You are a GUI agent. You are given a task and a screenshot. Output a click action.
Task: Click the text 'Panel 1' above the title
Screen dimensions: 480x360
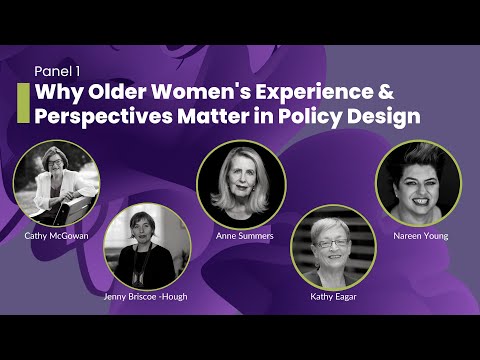click(x=57, y=71)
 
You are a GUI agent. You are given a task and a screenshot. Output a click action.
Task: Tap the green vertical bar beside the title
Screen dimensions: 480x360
click(x=23, y=103)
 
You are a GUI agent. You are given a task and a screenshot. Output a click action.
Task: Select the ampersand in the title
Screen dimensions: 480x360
click(x=386, y=92)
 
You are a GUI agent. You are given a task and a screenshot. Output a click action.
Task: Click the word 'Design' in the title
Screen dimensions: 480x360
click(x=384, y=117)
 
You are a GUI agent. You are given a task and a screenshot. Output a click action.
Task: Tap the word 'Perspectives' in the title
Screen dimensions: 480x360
click(x=103, y=117)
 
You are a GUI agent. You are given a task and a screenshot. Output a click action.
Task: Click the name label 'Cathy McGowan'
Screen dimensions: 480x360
click(x=56, y=236)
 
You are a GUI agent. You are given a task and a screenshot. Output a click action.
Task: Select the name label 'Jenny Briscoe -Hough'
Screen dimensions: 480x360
click(x=146, y=297)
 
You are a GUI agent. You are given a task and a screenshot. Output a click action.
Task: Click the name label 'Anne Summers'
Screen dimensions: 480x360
click(x=245, y=236)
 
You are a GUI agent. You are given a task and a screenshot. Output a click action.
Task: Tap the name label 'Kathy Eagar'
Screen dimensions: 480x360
click(x=333, y=297)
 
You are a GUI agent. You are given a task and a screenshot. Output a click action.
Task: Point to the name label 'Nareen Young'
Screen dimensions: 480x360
click(x=421, y=236)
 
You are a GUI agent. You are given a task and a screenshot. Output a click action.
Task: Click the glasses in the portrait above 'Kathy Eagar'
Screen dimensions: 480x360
click(x=332, y=243)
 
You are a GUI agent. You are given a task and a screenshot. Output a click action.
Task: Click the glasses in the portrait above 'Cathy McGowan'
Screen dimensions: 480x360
click(x=55, y=163)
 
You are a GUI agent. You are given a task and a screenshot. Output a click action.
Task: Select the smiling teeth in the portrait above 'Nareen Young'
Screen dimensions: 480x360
click(x=421, y=201)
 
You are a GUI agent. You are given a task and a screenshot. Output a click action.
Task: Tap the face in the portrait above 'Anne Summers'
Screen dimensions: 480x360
click(x=242, y=177)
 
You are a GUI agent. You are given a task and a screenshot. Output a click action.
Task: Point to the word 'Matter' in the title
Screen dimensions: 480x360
click(x=213, y=117)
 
